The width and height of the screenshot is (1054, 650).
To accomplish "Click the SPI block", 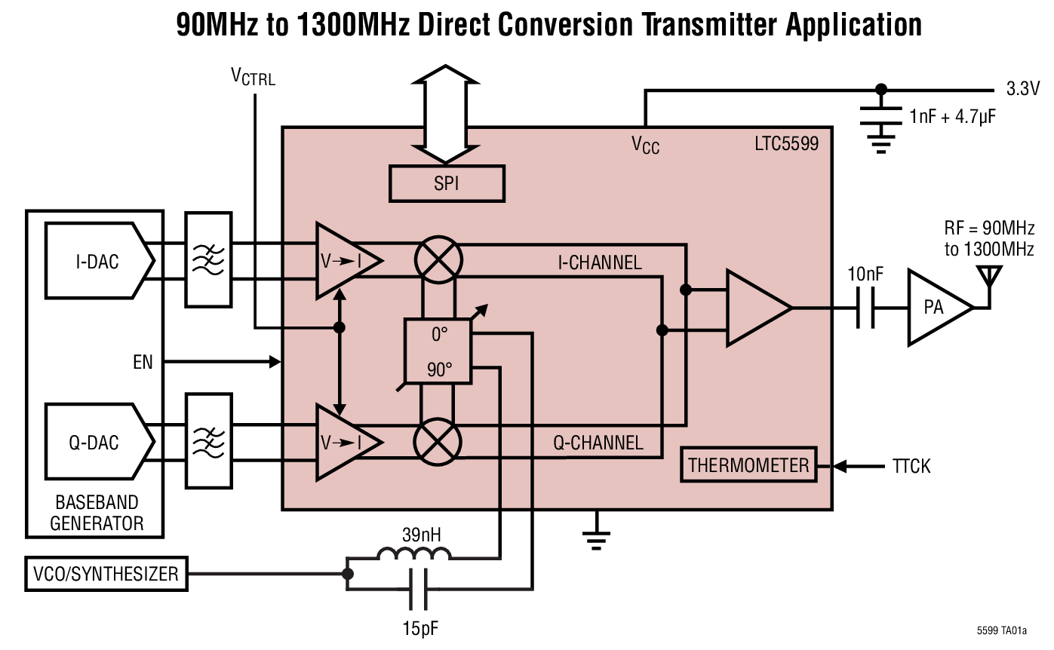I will tap(447, 183).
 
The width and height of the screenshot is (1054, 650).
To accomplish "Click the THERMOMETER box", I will tap(748, 465).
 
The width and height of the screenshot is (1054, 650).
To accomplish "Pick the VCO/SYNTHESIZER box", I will tap(106, 575).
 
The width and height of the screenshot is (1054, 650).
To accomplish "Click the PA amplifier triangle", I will tap(936, 308).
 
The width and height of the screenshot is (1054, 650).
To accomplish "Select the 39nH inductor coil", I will tap(413, 555).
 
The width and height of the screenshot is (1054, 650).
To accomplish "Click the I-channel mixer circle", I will tap(438, 260).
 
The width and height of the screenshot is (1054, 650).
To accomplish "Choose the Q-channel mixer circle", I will tap(438, 441).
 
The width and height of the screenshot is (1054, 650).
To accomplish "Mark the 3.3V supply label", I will tap(1023, 88).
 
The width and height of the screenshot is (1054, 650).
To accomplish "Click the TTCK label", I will tap(911, 467).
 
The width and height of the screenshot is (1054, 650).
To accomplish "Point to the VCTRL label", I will tap(253, 76).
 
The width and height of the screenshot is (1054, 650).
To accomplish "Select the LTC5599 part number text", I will tap(786, 143).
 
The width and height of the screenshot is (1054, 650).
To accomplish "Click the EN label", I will tap(143, 363).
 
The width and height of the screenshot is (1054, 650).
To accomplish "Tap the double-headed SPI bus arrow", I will tap(447, 113).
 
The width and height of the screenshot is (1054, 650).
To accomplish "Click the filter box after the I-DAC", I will tap(208, 260).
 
